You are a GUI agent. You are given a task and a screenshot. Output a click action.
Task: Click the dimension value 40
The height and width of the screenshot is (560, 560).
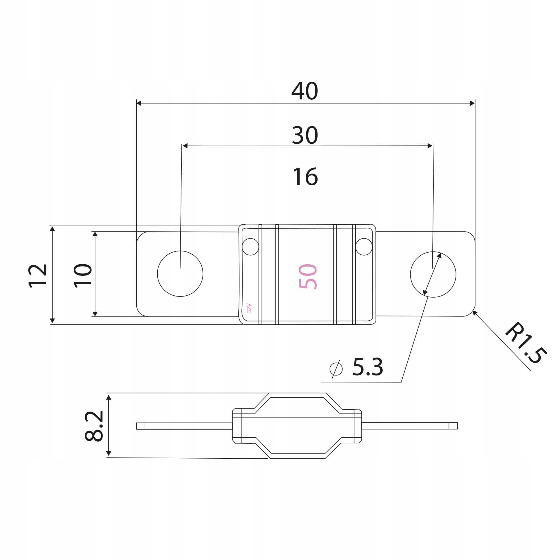(305, 91)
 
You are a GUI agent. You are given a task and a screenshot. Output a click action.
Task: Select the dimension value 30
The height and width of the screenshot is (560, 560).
(305, 135)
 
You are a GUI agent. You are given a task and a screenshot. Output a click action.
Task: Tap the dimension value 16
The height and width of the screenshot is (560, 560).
(305, 176)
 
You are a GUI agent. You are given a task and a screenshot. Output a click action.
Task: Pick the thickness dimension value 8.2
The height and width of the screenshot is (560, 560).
(94, 426)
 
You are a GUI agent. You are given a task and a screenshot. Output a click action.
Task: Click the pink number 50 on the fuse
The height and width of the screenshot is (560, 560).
(308, 277)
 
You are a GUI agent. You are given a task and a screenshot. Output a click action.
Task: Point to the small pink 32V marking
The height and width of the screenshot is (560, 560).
(249, 308)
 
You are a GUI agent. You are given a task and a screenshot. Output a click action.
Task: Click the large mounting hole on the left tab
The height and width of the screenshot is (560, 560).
(180, 274)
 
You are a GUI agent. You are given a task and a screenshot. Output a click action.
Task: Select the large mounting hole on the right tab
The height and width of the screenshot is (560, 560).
(433, 274)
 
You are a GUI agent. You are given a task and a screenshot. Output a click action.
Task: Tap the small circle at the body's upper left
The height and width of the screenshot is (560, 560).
(250, 247)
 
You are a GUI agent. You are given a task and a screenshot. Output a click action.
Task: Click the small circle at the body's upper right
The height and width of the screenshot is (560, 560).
(364, 247)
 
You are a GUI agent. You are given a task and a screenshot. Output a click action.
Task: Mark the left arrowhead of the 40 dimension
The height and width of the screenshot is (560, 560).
(139, 103)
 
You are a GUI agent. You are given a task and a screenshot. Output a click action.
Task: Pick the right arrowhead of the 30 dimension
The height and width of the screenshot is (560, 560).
(430, 146)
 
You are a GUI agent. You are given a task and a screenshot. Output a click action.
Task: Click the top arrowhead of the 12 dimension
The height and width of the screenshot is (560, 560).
(52, 229)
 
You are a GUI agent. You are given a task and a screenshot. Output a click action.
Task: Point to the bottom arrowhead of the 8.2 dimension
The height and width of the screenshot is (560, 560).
(109, 453)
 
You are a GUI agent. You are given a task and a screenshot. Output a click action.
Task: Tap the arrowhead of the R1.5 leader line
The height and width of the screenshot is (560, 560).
(475, 312)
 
